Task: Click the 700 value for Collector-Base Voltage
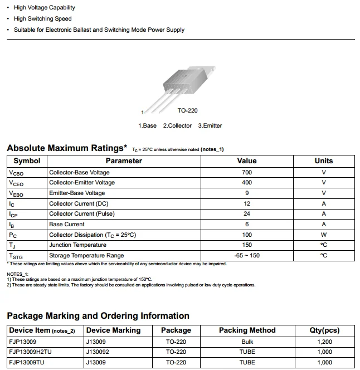pyautogui.click(x=247, y=172)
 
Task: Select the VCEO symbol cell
pyautogui.click(x=16, y=183)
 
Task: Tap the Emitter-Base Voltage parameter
pyautogui.click(x=77, y=193)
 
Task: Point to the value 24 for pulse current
pyautogui.click(x=247, y=214)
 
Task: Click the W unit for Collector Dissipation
pyautogui.click(x=323, y=235)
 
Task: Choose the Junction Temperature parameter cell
pyautogui.click(x=77, y=245)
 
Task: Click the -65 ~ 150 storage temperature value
pyautogui.click(x=247, y=256)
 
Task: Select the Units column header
pyautogui.click(x=323, y=161)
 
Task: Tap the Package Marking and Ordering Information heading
pyautogui.click(x=98, y=316)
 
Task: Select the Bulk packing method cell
pyautogui.click(x=247, y=342)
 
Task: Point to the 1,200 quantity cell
pyautogui.click(x=324, y=342)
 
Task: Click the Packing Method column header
pyautogui.click(x=247, y=330)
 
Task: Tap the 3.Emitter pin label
pyautogui.click(x=210, y=126)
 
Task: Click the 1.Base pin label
pyautogui.click(x=148, y=126)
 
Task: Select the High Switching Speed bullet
pyautogui.click(x=43, y=19)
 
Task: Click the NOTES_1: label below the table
pyautogui.click(x=18, y=274)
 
